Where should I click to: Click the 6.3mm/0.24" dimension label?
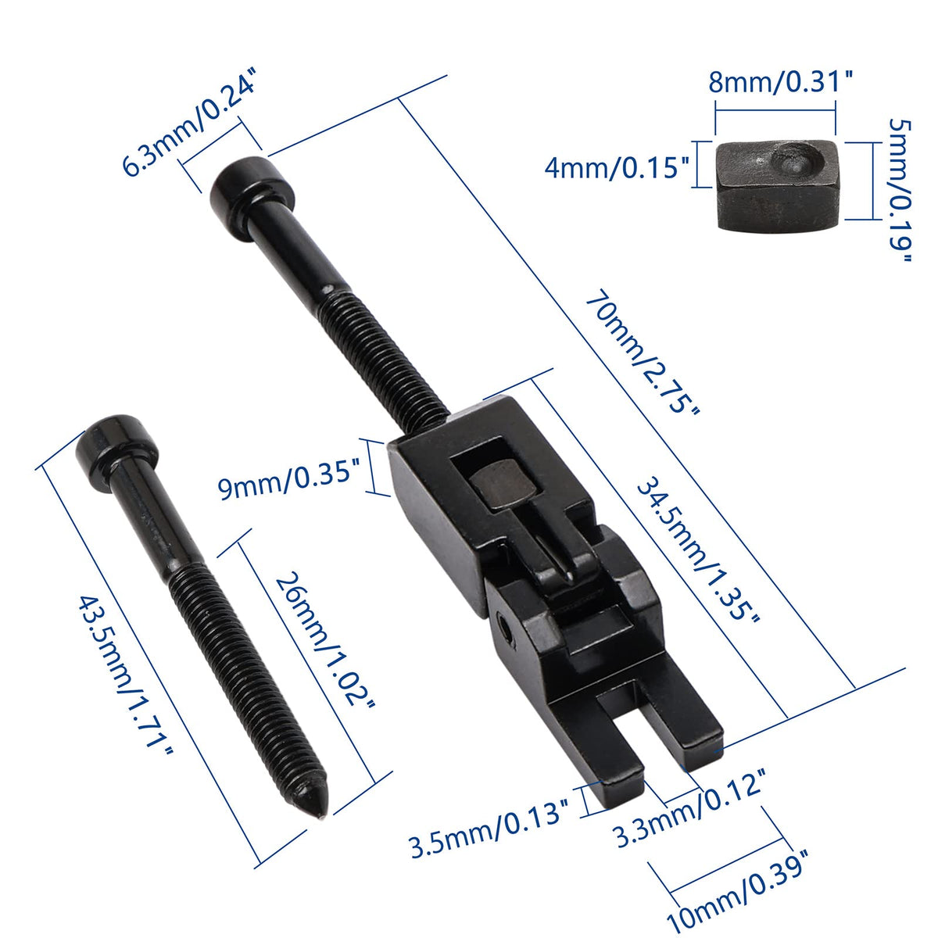(189, 126)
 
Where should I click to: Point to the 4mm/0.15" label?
(617, 168)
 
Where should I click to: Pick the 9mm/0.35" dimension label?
(288, 483)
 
